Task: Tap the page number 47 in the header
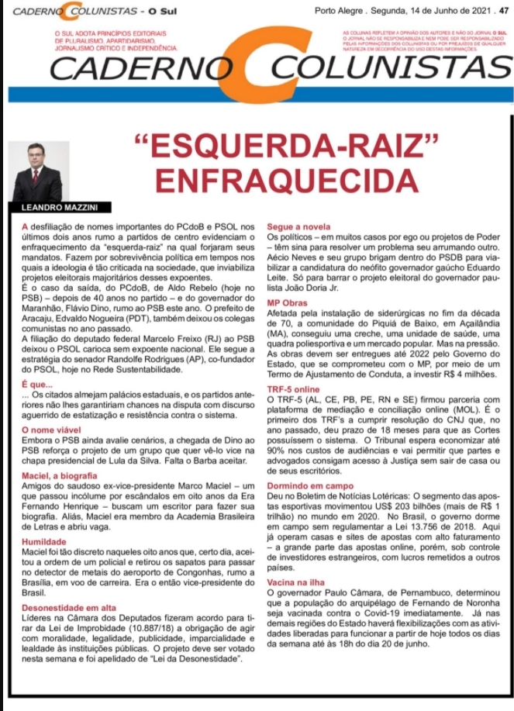pyautogui.click(x=504, y=10)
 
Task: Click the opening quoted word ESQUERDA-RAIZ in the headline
pyautogui.click(x=287, y=145)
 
